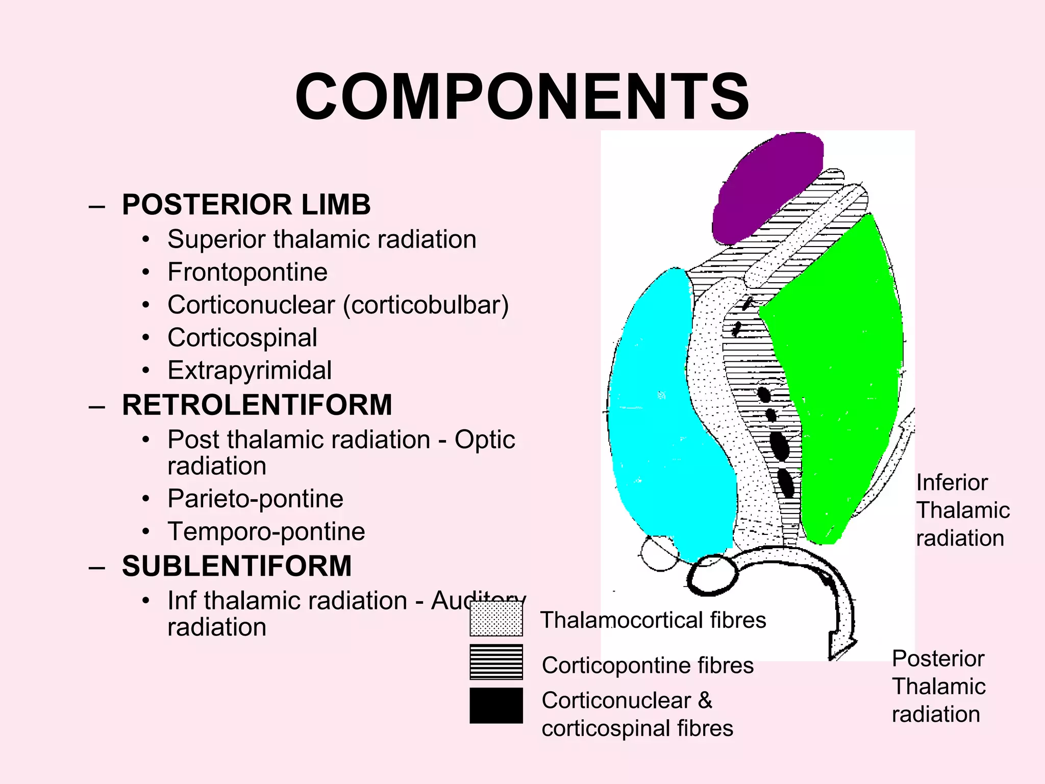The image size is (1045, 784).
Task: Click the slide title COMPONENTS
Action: coord(522,97)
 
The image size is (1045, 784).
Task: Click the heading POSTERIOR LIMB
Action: coord(246,205)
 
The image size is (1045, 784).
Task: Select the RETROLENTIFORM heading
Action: coord(257,405)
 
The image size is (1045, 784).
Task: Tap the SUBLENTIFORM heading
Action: coord(237,566)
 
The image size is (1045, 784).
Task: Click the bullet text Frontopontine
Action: coord(247,272)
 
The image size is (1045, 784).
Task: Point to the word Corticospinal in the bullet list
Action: coord(242,338)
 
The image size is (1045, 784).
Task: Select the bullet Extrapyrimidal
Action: coord(249,371)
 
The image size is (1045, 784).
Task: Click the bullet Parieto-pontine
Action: coord(255,499)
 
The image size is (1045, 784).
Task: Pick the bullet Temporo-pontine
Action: coord(266,532)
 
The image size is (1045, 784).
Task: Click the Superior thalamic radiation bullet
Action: coord(321,239)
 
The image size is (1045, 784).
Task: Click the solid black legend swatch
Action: coord(496,705)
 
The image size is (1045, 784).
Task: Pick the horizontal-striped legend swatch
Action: coord(496,662)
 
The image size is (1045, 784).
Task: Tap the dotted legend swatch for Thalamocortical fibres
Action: coord(496,619)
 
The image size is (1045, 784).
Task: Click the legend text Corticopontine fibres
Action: coord(647,666)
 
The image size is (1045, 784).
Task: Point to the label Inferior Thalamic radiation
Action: coord(962,510)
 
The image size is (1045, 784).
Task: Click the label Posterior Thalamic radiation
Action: coord(938,687)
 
